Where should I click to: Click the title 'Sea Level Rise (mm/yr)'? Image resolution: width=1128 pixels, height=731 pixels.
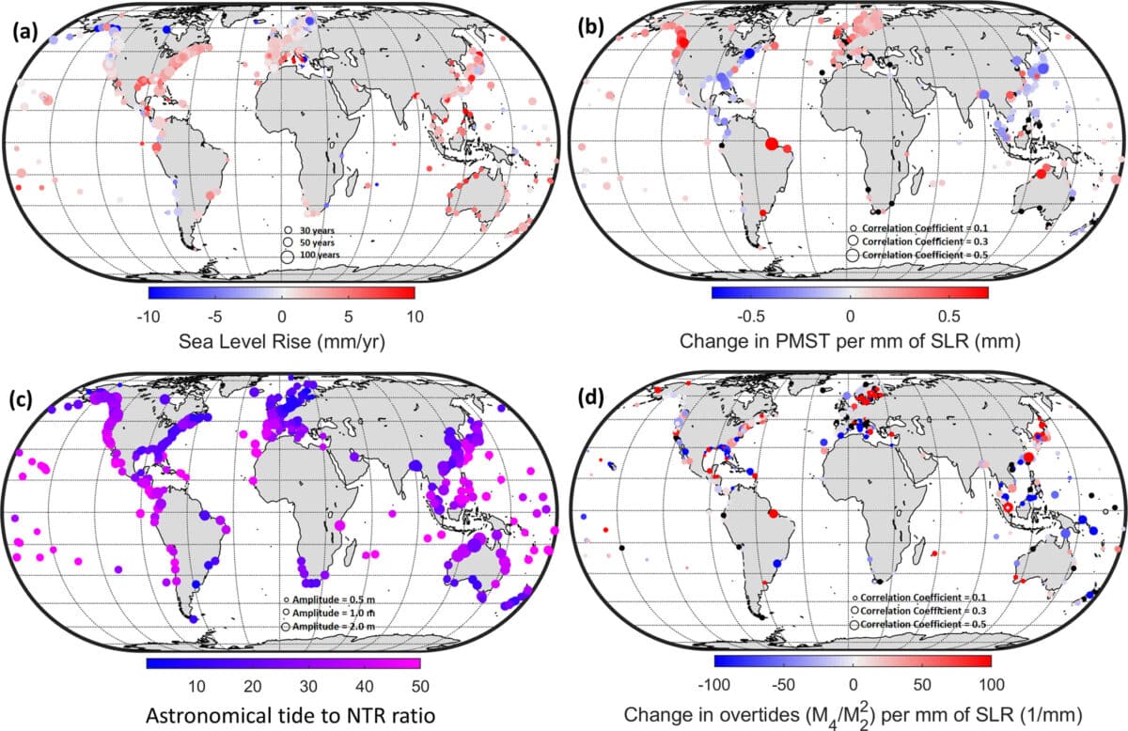(280, 341)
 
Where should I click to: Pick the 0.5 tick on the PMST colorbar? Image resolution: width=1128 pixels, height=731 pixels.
(949, 316)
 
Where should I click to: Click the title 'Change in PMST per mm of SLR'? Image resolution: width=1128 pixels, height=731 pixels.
(852, 342)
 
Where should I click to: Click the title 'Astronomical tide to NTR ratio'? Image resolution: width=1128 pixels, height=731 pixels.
(280, 713)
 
